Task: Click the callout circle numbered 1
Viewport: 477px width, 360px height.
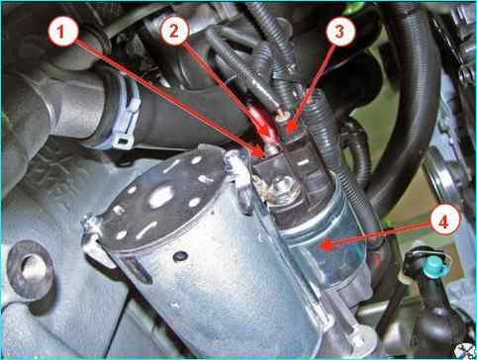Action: point(62,32)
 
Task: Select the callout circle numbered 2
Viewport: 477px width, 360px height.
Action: point(174,31)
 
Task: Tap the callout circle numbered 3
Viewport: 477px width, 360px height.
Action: point(340,32)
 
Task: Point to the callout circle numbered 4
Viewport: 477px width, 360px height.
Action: point(444,220)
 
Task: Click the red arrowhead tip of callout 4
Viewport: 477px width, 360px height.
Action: point(323,246)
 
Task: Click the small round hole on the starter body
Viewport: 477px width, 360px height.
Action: point(180,255)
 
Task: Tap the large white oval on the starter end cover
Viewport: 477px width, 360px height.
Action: point(161,197)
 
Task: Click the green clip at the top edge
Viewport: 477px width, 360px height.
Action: point(352,9)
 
